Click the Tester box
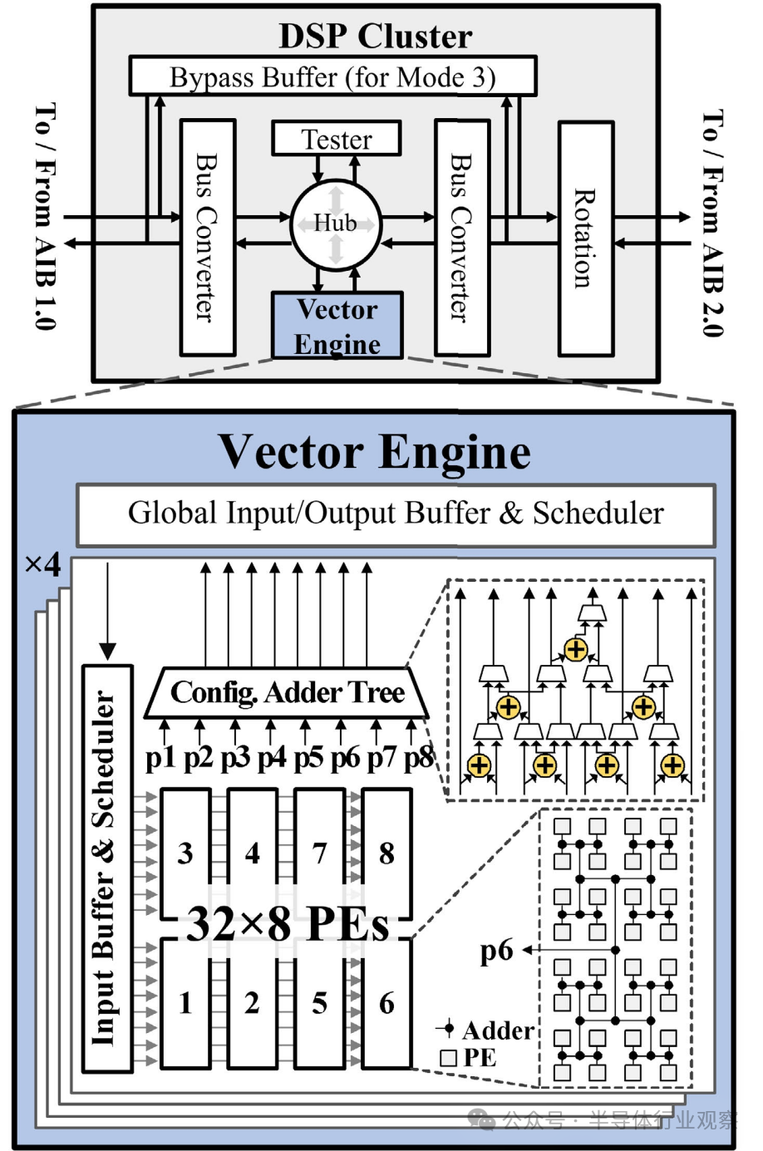tap(337, 139)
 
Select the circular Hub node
tap(336, 224)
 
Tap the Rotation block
tap(586, 239)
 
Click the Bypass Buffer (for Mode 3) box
tap(332, 77)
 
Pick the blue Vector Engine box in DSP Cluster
tap(337, 326)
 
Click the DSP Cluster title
tap(375, 36)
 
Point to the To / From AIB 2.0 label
tap(712, 223)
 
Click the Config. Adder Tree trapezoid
tap(287, 692)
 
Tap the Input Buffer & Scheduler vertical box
tap(107, 868)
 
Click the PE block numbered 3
tap(185, 852)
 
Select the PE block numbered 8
tap(386, 852)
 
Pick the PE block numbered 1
tap(185, 1003)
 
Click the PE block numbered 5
tap(319, 1003)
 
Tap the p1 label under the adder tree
tap(161, 757)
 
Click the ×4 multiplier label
tap(43, 565)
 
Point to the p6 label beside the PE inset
tap(496, 950)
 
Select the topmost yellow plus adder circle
tap(575, 649)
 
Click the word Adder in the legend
tap(498, 1030)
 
